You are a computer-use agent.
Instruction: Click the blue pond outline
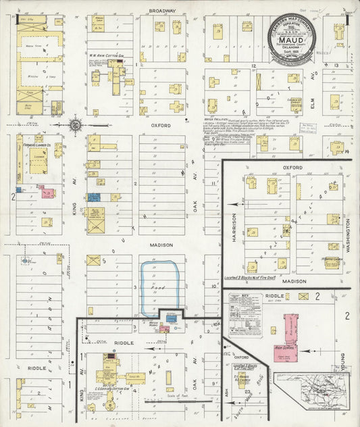pos(159,289)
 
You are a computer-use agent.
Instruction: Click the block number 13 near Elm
pos(336,66)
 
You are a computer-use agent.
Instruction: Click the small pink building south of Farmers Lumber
pos(47,193)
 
